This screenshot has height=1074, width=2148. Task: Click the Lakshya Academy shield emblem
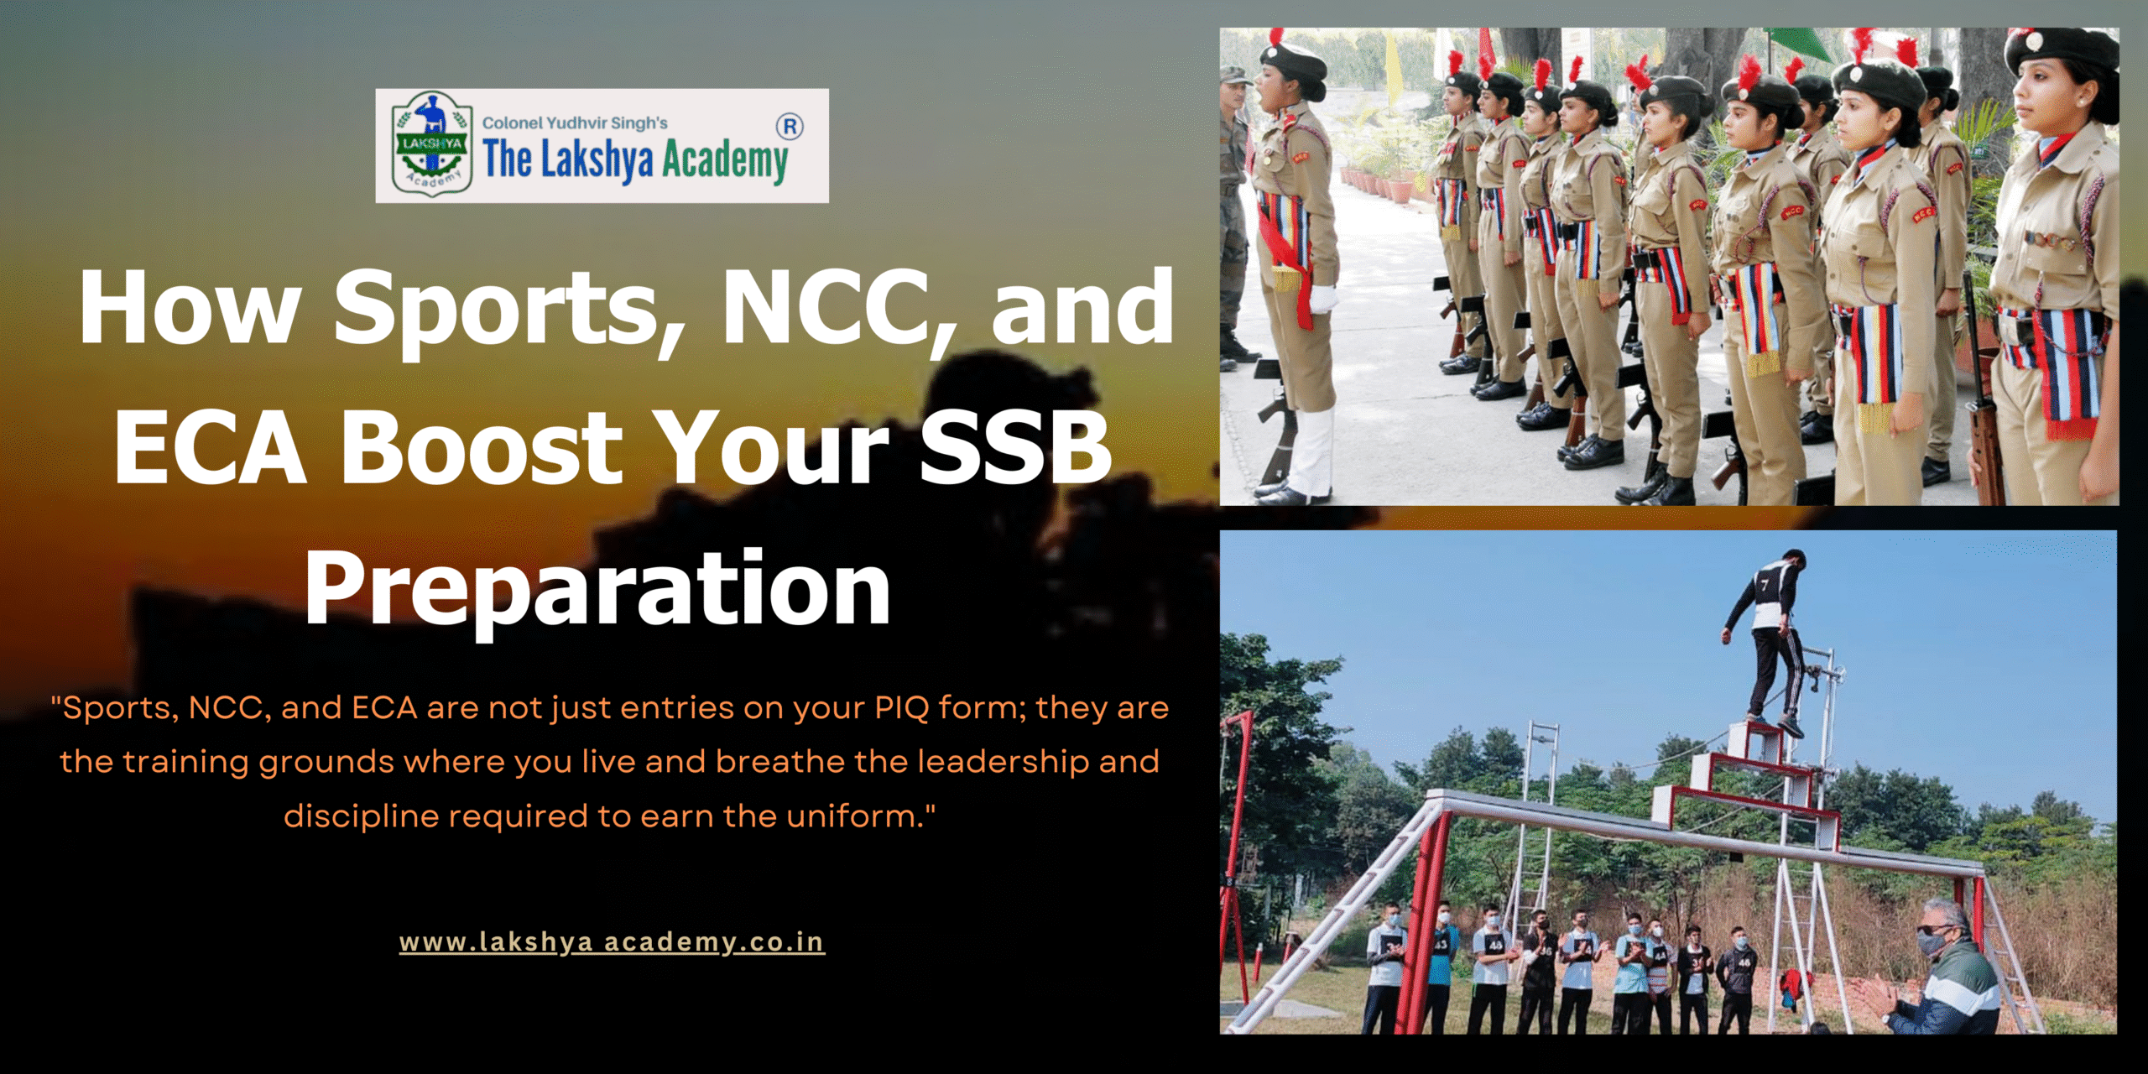pyautogui.click(x=430, y=144)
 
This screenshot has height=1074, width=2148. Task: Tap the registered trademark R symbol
pyautogui.click(x=790, y=127)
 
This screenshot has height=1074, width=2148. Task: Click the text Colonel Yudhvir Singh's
pyautogui.click(x=575, y=123)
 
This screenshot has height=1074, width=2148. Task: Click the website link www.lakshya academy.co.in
pyautogui.click(x=612, y=942)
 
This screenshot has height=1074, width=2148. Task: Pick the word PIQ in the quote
pyautogui.click(x=901, y=708)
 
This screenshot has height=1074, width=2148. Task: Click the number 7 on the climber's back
pyautogui.click(x=1764, y=584)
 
